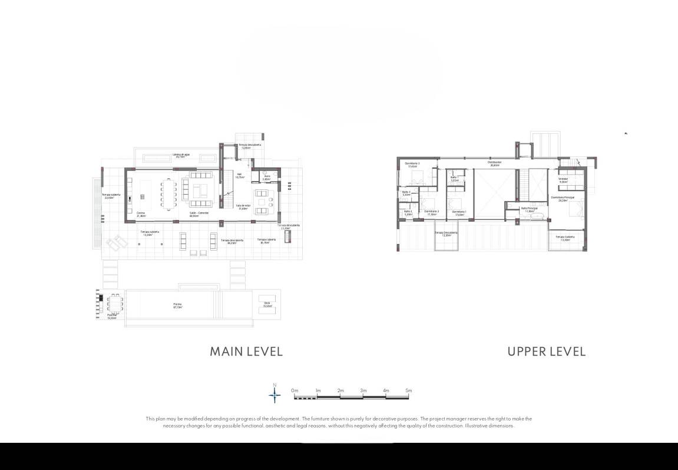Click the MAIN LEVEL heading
[246, 351]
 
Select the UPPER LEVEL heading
[546, 351]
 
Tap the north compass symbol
[274, 394]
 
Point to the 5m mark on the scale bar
[408, 391]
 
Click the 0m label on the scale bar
[295, 391]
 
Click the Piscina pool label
[177, 305]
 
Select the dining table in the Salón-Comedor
[168, 194]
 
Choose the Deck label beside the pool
[267, 304]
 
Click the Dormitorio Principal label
[563, 198]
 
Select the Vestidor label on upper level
[563, 180]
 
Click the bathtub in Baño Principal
[534, 217]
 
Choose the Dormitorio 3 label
[412, 165]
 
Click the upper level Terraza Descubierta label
[446, 234]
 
